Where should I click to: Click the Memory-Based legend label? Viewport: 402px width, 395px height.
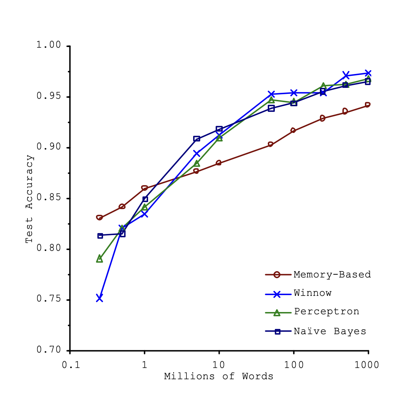click(x=332, y=274)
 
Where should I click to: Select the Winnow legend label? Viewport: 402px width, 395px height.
click(x=313, y=293)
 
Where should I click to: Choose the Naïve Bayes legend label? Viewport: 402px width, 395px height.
click(x=330, y=331)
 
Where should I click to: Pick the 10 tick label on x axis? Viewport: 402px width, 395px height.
click(x=219, y=365)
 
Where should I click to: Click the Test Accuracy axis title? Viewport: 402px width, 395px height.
click(x=30, y=199)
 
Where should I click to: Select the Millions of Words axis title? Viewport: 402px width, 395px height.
click(x=219, y=376)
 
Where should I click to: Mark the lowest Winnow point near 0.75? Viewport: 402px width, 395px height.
click(x=99, y=298)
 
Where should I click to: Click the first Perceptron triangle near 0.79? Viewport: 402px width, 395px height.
click(x=99, y=259)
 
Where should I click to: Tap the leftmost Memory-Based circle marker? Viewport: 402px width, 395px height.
click(x=99, y=218)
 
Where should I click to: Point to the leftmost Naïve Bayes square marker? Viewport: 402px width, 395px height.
click(x=100, y=236)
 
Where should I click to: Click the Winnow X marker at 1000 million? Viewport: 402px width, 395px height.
click(x=368, y=73)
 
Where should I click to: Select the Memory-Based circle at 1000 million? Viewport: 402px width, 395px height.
click(x=367, y=105)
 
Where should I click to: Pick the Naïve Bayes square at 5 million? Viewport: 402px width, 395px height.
click(x=196, y=139)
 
